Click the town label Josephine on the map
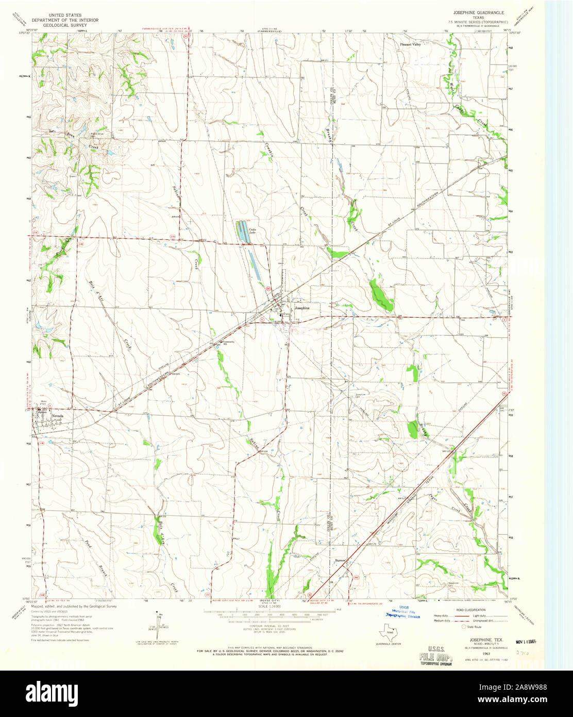click(302, 308)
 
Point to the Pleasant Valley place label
click(411, 45)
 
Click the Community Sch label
click(228, 344)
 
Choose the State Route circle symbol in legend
click(463, 627)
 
